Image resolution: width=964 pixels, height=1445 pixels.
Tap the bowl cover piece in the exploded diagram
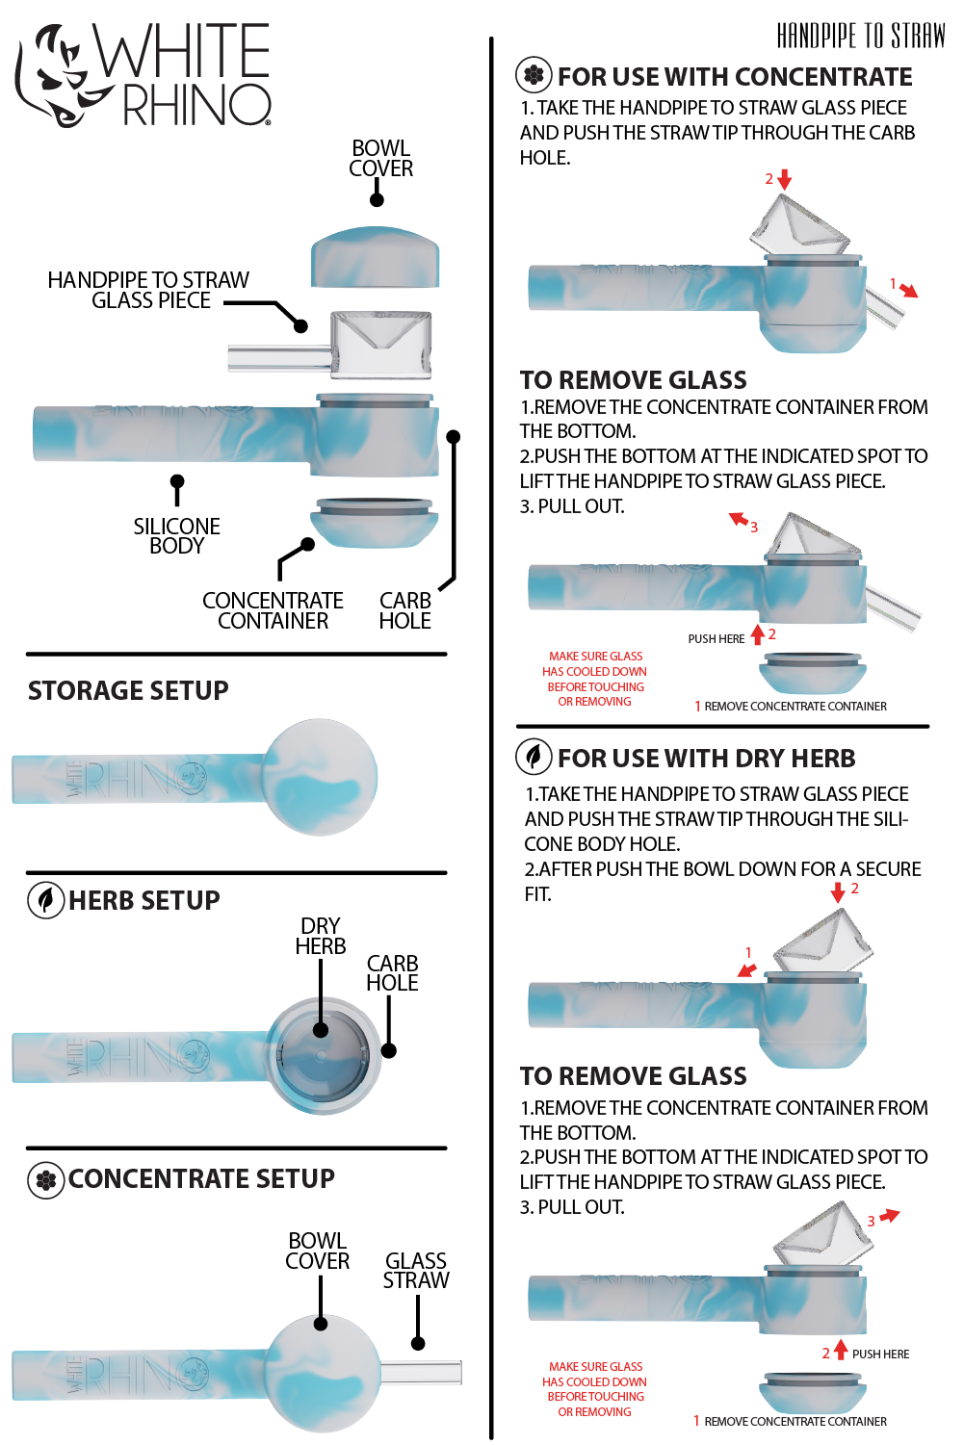point(375,257)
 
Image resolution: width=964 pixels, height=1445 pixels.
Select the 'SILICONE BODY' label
point(176,535)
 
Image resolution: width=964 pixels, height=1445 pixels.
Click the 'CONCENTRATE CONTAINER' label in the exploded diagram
point(273,610)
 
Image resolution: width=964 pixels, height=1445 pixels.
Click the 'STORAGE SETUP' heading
point(128,690)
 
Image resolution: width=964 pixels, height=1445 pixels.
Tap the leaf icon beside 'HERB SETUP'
point(45,900)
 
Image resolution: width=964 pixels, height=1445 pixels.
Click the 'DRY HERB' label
point(320,936)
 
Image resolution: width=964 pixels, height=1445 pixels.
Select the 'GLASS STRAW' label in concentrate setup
point(415,1270)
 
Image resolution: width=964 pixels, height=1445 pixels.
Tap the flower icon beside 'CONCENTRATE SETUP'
point(45,1179)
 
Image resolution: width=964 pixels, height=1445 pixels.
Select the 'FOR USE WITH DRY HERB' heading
point(706,759)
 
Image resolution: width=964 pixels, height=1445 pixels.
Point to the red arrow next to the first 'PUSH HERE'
point(758,634)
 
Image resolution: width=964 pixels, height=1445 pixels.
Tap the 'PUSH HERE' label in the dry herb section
point(880,1354)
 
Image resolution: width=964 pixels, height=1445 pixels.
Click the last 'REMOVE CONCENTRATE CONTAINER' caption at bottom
point(795,1421)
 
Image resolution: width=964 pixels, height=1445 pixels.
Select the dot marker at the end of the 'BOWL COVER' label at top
point(378,199)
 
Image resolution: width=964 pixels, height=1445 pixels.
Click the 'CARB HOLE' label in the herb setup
point(392,972)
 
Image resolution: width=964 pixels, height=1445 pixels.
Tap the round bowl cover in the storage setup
point(320,777)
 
